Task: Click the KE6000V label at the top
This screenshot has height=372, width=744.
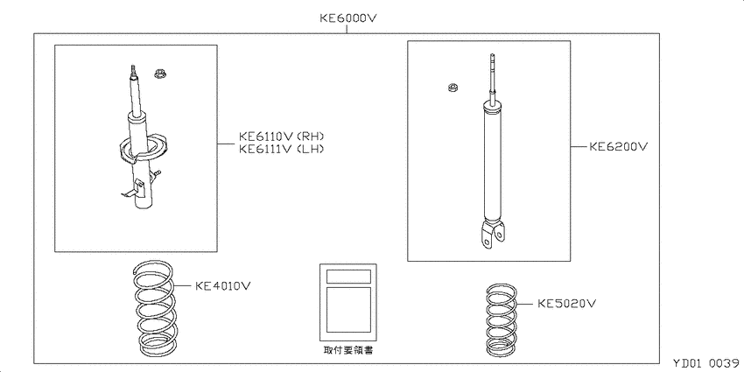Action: (348, 18)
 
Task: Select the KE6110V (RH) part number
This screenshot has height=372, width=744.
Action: (281, 137)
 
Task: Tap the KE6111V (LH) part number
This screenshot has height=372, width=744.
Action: (281, 149)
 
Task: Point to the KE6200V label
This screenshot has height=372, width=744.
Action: (618, 147)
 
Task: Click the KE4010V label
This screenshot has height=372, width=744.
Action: (223, 286)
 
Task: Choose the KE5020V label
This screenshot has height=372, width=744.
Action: (566, 303)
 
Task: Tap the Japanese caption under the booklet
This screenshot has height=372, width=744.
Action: (347, 351)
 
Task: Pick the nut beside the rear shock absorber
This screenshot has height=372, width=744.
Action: (453, 88)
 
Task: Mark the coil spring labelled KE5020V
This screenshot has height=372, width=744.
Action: (502, 319)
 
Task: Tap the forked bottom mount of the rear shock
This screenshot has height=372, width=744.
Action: (492, 235)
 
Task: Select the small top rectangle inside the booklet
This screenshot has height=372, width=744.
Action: (348, 276)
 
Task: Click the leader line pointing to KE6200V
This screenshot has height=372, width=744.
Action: (579, 147)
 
